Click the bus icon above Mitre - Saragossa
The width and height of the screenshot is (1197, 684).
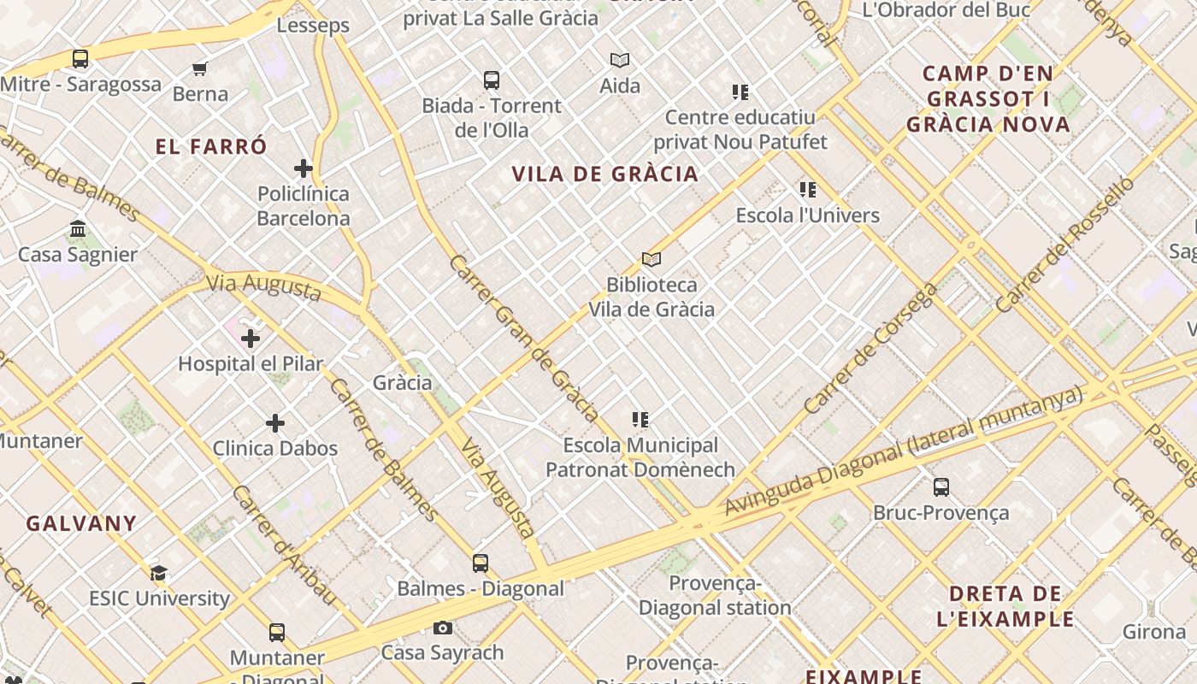(80, 59)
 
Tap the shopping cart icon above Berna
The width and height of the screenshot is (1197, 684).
(200, 68)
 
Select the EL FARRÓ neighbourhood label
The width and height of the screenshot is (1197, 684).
(211, 146)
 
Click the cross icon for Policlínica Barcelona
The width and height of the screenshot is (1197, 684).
(304, 168)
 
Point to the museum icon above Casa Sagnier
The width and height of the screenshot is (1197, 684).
(78, 228)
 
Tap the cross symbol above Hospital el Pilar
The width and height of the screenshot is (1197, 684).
(251, 339)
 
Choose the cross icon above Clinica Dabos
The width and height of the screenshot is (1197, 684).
(275, 423)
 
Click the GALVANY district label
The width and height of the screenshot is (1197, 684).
(81, 523)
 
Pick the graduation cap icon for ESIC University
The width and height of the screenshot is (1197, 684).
(159, 573)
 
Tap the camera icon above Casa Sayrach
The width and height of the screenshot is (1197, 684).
(442, 628)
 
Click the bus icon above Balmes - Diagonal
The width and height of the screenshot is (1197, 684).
(481, 563)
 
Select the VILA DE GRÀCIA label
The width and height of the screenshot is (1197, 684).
(605, 174)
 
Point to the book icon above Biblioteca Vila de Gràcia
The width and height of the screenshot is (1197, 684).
(652, 259)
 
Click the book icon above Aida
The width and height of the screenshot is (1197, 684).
(620, 60)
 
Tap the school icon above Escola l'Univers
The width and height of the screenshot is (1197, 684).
(808, 190)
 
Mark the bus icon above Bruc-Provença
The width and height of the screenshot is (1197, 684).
(941, 487)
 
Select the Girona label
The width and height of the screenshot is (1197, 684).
(1154, 632)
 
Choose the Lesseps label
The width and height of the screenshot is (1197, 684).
(313, 26)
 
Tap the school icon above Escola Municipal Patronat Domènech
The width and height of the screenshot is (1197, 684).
(640, 420)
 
